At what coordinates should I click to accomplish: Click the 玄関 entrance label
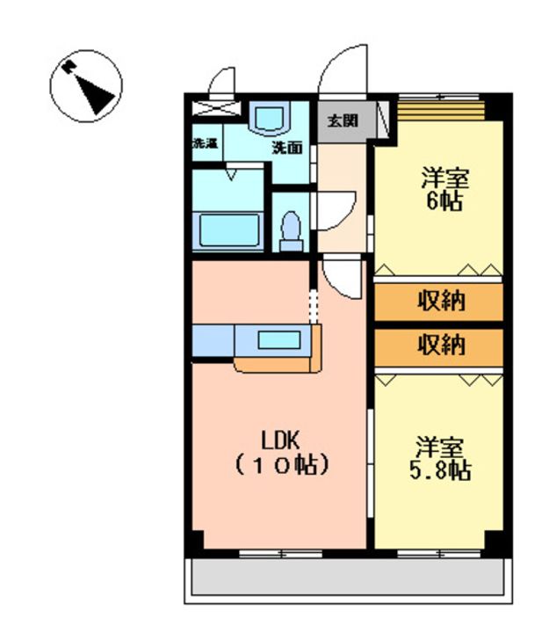coord(343,120)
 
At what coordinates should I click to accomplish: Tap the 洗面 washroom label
coord(287,149)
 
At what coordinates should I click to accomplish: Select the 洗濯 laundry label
coord(206,143)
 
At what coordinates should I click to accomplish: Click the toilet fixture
coord(291,232)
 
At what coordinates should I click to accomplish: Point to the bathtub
coord(228,230)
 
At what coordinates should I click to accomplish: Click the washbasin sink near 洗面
coord(269,118)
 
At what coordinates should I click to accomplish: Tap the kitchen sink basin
coord(279,340)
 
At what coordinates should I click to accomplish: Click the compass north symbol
coord(86,86)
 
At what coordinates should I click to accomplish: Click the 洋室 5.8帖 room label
coord(440,458)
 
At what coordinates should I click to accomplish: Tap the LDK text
coord(281,440)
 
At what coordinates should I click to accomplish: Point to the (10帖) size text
coord(282,465)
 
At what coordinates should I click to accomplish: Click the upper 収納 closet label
coord(441,301)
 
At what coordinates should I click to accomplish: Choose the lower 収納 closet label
coord(441,346)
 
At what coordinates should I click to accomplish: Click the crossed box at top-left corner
coord(216,109)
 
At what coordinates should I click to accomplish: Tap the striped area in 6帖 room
coord(441,110)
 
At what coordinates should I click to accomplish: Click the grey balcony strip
coord(348,576)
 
